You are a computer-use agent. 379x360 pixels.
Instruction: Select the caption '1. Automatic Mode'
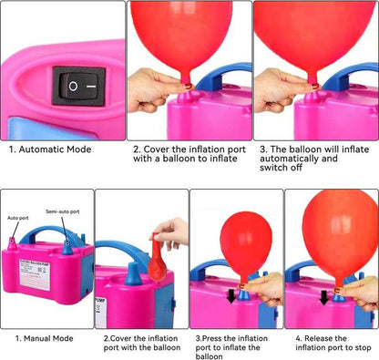click(49, 149)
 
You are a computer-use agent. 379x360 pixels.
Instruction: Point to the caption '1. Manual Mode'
click(43, 338)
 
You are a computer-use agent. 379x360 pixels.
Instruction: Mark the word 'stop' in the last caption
click(362, 347)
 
